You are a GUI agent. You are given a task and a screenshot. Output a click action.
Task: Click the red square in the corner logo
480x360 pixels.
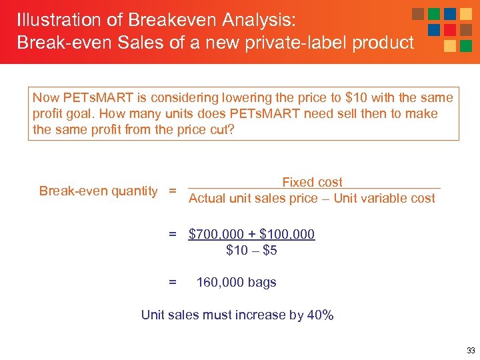[450, 30]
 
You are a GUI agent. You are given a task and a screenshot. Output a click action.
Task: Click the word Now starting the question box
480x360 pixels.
[45, 98]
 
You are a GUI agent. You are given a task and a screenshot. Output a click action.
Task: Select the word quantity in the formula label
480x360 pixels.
[135, 191]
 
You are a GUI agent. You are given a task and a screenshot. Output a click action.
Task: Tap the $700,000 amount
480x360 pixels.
[215, 234]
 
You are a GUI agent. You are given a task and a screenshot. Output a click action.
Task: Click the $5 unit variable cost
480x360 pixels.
[269, 251]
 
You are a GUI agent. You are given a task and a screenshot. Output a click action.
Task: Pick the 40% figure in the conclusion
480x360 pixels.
[320, 315]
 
